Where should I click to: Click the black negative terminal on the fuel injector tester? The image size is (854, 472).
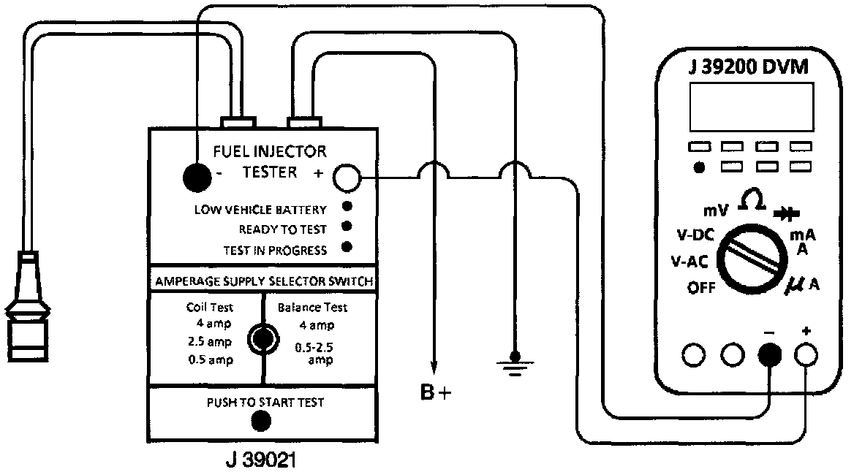(195, 175)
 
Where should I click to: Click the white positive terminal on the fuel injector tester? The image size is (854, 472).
(347, 176)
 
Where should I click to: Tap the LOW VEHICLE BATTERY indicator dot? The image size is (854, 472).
(347, 208)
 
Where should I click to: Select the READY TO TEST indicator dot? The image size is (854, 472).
(347, 227)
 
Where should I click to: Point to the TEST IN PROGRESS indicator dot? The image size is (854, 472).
(347, 247)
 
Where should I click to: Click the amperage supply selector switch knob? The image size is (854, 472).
(262, 338)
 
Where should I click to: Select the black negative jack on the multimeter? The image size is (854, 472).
(770, 356)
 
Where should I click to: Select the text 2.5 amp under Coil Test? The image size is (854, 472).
(209, 341)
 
